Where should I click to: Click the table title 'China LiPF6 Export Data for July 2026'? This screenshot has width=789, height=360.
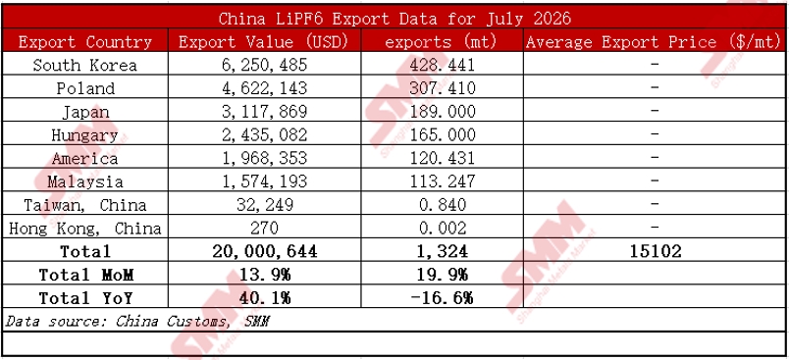(x=394, y=18)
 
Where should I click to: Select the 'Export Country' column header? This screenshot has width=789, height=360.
(x=85, y=42)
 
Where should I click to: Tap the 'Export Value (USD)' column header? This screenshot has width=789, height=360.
(x=264, y=42)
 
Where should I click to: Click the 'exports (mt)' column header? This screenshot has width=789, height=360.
(x=441, y=42)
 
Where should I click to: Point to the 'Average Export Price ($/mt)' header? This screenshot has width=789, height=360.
(x=654, y=42)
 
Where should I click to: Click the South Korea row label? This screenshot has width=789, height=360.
(x=85, y=66)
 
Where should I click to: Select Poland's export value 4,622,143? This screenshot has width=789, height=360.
(x=264, y=88)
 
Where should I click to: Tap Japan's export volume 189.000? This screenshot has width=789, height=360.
(x=442, y=112)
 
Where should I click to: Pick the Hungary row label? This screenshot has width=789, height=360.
(x=85, y=135)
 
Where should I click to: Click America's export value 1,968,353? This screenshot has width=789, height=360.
(x=264, y=158)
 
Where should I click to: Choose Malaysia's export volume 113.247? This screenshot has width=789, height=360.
(x=442, y=181)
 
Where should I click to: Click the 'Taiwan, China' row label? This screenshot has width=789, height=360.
(x=85, y=205)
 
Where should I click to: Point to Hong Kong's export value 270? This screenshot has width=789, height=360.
(x=264, y=229)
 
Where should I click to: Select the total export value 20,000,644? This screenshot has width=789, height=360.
(x=264, y=251)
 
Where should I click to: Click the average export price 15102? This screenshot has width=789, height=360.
(x=656, y=251)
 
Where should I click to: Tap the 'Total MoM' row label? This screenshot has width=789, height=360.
(x=86, y=275)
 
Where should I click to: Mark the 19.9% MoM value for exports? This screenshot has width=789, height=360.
(x=442, y=275)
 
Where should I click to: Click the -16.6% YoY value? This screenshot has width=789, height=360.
(x=442, y=298)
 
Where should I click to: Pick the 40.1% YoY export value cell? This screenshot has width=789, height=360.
(x=264, y=298)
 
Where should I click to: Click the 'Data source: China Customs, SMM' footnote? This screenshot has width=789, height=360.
(x=135, y=322)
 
